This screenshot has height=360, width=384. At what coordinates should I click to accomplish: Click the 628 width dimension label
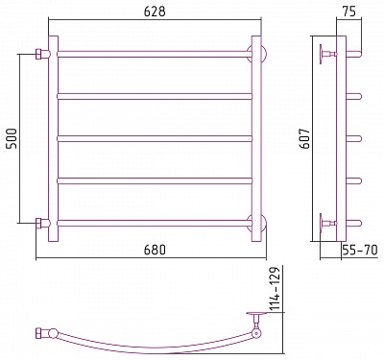tap(155, 12)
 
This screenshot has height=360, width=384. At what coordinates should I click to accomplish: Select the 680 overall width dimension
tap(155, 250)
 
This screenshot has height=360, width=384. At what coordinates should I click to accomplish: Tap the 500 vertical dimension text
tap(12, 138)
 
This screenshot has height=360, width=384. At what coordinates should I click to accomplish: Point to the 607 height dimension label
tap(306, 138)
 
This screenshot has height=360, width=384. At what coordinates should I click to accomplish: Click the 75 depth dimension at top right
tap(348, 12)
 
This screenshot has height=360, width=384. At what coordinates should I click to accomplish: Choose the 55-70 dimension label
tap(360, 250)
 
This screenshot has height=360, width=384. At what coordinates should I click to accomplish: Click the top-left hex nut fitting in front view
tap(38, 54)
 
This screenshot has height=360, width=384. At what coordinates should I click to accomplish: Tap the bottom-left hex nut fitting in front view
tap(38, 223)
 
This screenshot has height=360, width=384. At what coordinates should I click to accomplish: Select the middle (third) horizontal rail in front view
tap(155, 138)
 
